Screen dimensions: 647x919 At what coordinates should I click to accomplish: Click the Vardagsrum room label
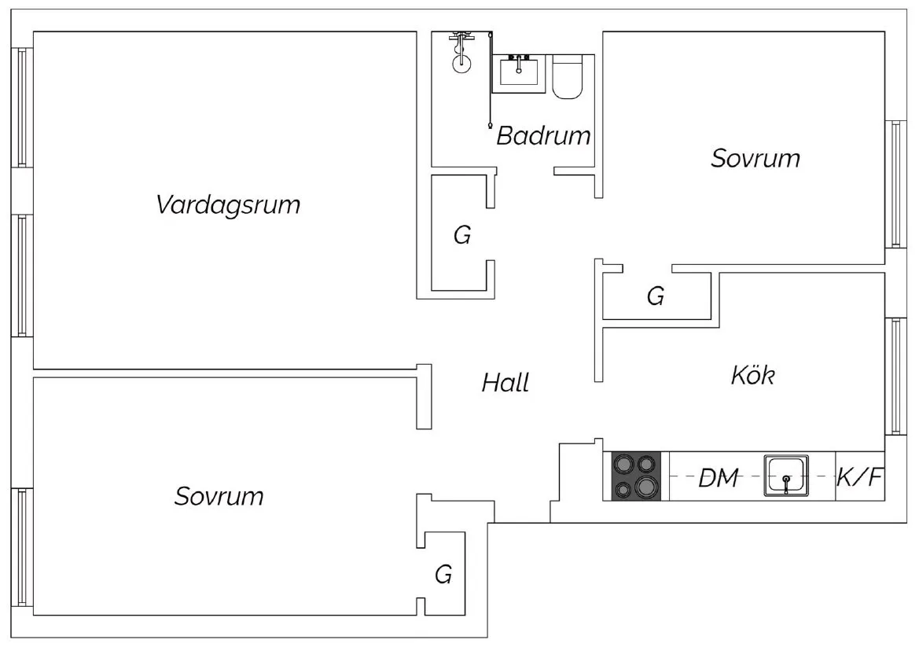point(228,205)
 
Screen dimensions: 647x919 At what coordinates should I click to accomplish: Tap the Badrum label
point(543,136)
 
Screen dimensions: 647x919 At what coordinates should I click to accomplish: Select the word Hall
point(505,383)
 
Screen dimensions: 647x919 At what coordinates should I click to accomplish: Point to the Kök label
point(752,375)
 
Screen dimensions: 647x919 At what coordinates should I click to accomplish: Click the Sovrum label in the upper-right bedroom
point(755,158)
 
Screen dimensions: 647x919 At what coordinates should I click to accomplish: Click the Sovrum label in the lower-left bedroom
point(219,497)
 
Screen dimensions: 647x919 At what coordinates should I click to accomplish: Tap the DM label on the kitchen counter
point(719,477)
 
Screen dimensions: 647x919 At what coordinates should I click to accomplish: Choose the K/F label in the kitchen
point(859,477)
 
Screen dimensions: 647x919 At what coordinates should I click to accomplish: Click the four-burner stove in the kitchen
point(636,476)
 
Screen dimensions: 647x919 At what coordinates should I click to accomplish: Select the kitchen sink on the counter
point(785,477)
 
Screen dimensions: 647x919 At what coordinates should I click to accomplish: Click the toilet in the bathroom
point(568,76)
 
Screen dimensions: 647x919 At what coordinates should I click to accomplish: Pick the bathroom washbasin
point(519,72)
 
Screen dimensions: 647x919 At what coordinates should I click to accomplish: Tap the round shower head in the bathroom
point(461,62)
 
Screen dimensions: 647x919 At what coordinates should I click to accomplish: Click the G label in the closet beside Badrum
point(462,235)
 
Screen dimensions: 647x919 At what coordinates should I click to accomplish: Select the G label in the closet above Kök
point(656,296)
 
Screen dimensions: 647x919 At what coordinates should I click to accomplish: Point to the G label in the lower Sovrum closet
point(443,575)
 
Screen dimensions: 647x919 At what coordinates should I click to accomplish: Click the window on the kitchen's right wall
point(895,376)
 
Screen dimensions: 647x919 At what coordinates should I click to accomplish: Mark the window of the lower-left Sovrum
point(23,548)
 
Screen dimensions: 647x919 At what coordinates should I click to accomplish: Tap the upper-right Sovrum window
point(895,185)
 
